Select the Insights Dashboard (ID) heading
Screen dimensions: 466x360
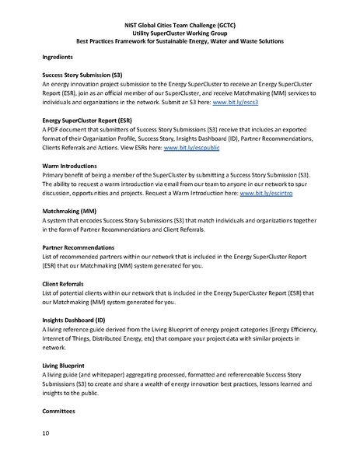click(x=75, y=319)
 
